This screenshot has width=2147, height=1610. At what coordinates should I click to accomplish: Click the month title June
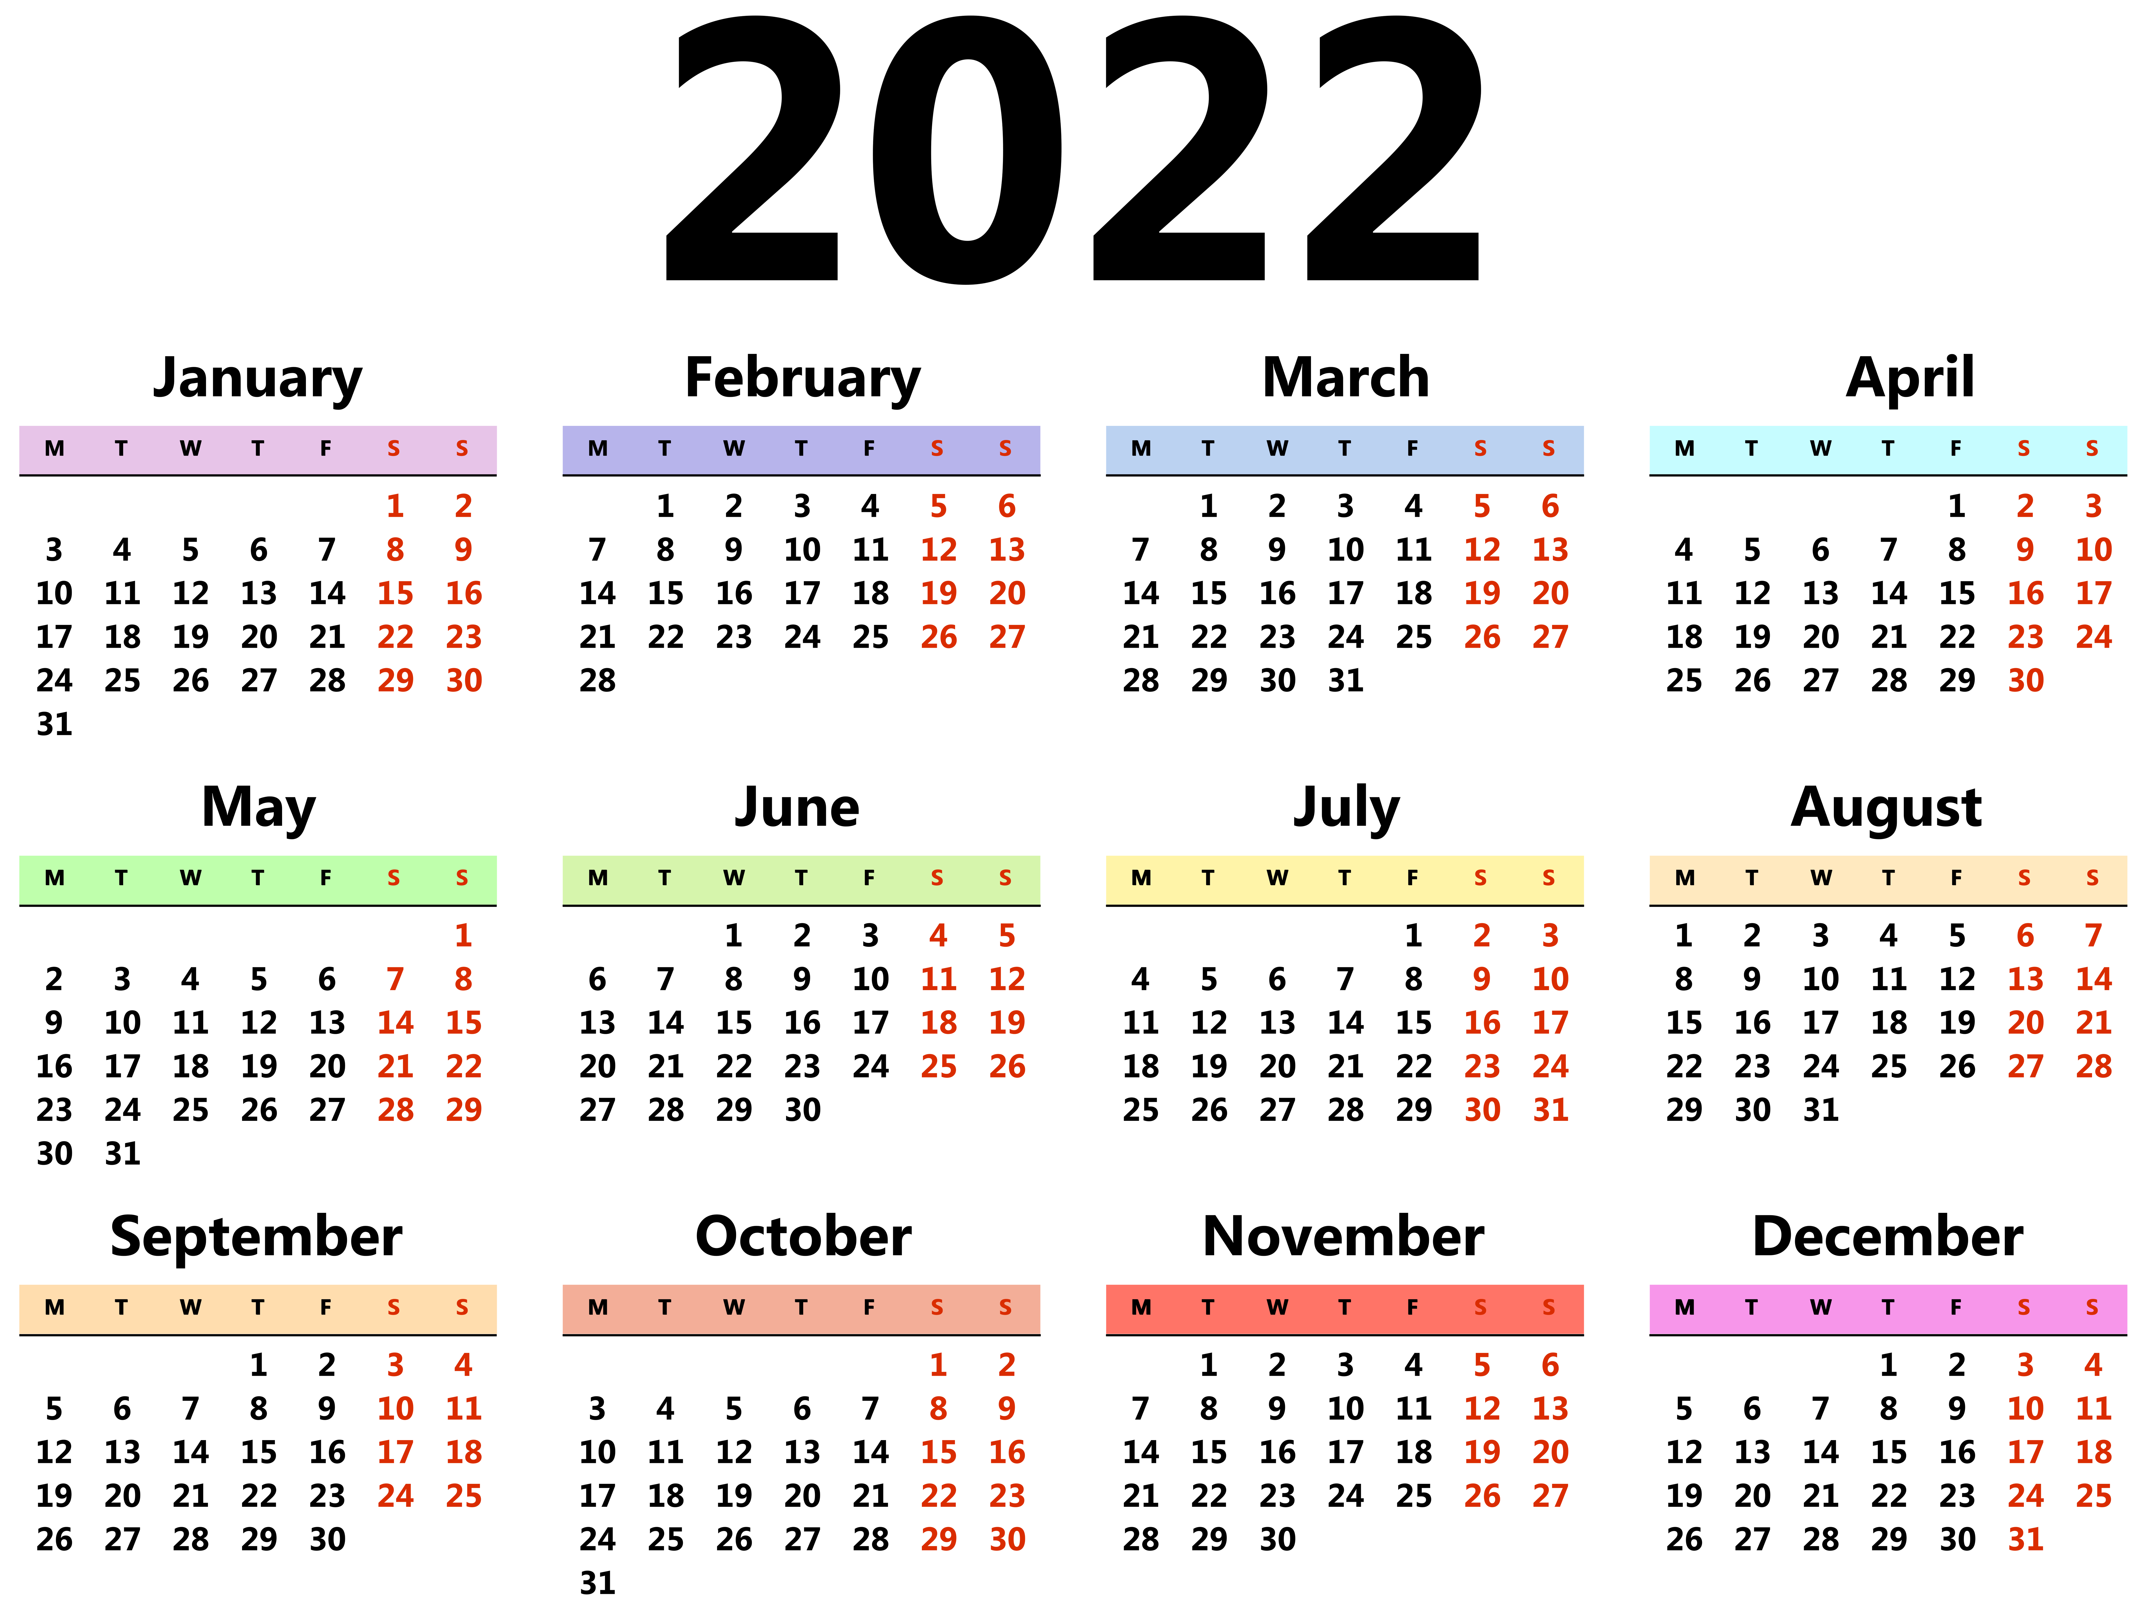tap(797, 807)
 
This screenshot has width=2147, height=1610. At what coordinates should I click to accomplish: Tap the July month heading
tap(1346, 807)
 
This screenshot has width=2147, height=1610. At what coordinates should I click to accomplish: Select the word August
tap(1886, 807)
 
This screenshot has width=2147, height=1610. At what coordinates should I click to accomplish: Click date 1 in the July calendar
tap(1413, 935)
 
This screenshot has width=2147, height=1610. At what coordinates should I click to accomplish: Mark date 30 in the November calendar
tap(1277, 1538)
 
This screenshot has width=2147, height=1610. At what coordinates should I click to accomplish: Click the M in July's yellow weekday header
tap(1141, 878)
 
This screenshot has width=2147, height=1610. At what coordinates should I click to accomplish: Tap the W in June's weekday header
tap(734, 878)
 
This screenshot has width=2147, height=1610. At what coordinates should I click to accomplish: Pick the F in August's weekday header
tap(1956, 878)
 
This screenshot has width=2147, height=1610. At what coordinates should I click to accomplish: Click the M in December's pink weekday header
tap(1685, 1307)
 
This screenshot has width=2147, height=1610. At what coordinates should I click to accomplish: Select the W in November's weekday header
tap(1277, 1307)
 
